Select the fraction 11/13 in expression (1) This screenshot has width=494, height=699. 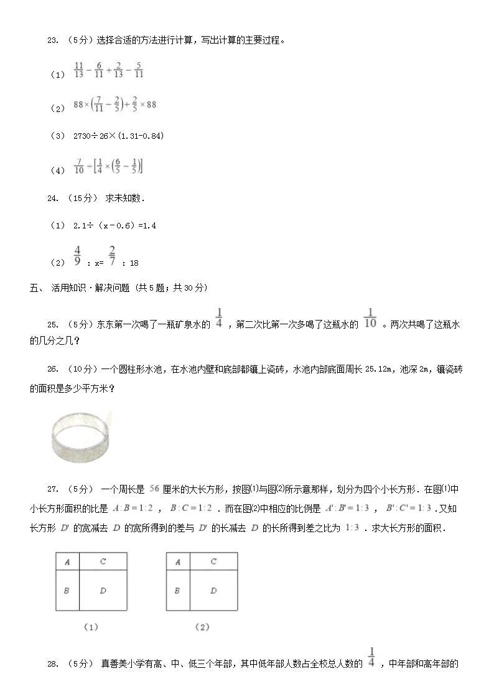click(x=78, y=70)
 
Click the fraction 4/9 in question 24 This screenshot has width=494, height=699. click(x=78, y=256)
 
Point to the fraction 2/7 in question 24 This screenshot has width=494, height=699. click(x=113, y=256)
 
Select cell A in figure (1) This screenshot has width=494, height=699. click(x=67, y=561)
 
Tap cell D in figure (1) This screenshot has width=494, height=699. click(x=103, y=591)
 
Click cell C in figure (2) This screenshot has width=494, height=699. click(x=213, y=561)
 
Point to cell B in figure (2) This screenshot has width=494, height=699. click(x=177, y=591)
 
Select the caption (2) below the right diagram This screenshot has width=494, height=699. click(x=202, y=627)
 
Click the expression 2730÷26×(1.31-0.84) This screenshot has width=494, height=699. click(x=118, y=136)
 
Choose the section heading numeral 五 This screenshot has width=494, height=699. click(x=33, y=288)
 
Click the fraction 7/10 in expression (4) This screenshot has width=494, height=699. click(x=78, y=166)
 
